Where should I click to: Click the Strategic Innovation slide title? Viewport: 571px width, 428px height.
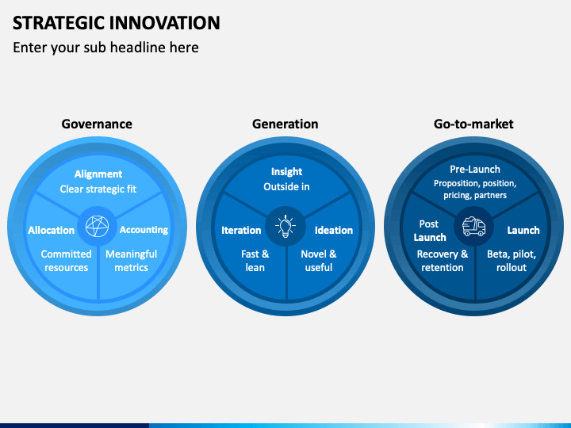[116, 22]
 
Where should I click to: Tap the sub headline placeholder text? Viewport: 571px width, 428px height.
[105, 48]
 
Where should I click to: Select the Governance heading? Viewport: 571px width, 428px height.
[97, 124]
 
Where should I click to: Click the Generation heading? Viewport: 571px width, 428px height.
[285, 124]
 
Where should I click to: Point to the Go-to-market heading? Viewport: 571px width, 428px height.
[473, 124]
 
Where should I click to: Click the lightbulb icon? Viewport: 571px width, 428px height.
[285, 226]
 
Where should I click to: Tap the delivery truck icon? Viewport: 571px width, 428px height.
[473, 227]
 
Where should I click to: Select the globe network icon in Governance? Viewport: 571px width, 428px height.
[98, 226]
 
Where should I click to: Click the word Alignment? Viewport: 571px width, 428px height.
[98, 174]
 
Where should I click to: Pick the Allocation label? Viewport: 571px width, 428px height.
[52, 230]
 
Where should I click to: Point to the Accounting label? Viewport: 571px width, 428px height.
[144, 230]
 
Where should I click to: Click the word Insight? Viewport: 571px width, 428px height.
[286, 171]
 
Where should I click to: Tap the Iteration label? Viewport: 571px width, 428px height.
[241, 230]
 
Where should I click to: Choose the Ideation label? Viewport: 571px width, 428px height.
[334, 230]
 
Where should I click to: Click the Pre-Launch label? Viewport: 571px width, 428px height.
[475, 170]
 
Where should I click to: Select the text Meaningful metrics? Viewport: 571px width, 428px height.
[132, 261]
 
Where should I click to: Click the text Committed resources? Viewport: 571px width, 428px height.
[67, 261]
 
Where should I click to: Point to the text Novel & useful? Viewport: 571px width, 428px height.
[319, 261]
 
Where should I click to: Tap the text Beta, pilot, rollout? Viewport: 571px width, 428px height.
[512, 261]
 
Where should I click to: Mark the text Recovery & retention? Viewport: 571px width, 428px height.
[443, 261]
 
